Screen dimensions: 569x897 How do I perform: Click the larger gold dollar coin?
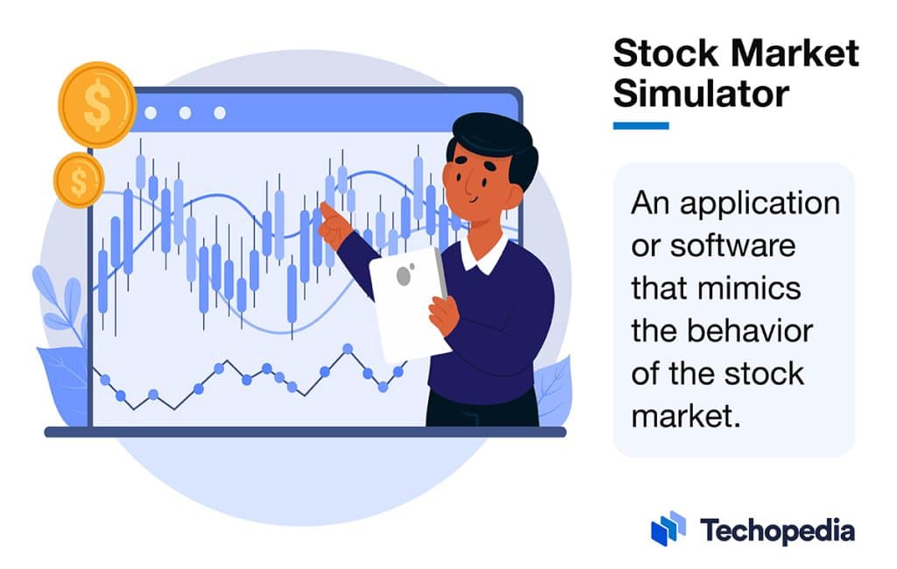point(96,104)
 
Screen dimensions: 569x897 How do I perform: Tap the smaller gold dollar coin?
point(79,180)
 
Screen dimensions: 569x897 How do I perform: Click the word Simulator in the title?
point(701,91)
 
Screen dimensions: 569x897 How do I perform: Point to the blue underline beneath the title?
point(640,125)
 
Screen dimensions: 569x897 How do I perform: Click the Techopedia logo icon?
point(668,529)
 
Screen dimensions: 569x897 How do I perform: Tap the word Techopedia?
point(777,530)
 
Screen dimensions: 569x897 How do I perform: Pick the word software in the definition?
point(732,245)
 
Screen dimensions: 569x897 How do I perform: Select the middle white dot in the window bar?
point(185,112)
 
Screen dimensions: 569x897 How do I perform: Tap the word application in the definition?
point(759,203)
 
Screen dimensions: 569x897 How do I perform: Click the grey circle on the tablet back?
point(405,276)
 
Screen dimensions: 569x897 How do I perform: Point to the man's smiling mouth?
point(473,198)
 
